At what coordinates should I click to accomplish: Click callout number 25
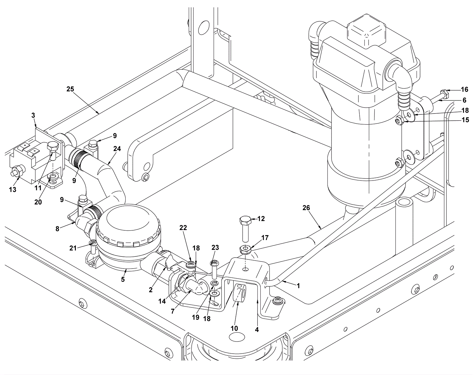(x=71, y=89)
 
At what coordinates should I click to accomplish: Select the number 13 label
(x=12, y=189)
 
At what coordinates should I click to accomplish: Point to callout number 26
(x=306, y=208)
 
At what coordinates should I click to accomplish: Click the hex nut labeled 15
(x=400, y=120)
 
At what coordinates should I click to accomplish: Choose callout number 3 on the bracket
(x=33, y=115)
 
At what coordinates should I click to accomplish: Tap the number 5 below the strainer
(x=123, y=279)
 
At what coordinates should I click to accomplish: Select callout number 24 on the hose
(x=117, y=149)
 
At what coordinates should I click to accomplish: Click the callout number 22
(x=183, y=228)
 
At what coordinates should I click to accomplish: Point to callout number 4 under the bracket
(x=257, y=330)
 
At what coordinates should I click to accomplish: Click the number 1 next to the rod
(x=298, y=286)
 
